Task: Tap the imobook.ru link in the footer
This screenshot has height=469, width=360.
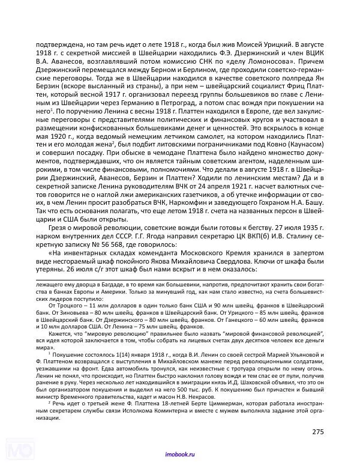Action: point(179,457)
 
